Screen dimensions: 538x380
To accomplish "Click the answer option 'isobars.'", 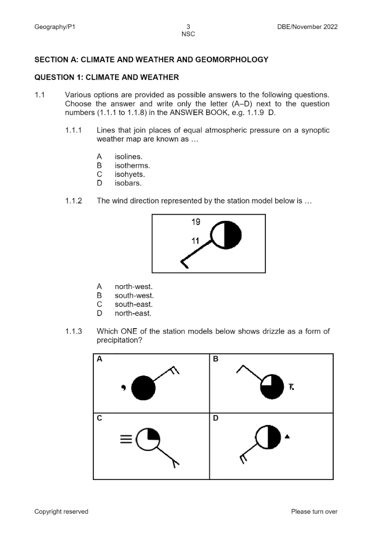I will (x=128, y=183).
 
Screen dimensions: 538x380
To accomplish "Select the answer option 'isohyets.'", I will (x=130, y=174).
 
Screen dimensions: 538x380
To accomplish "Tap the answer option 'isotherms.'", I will (x=132, y=166).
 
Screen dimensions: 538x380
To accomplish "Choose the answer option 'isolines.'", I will (x=129, y=157).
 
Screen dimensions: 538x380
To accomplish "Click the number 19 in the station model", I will (x=196, y=222).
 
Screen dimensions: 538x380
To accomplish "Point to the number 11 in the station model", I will (x=196, y=241).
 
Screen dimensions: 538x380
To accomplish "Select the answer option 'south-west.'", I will (x=134, y=296).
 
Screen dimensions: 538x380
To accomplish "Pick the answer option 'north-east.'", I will (x=133, y=313).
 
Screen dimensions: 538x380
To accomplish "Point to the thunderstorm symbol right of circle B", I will (x=291, y=386).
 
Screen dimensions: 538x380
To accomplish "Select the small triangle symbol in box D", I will (x=287, y=436).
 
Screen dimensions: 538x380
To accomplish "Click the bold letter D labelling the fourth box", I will (x=216, y=418).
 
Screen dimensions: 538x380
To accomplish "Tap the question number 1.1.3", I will (x=73, y=332).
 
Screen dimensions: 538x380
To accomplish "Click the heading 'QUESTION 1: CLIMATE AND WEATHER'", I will (x=106, y=77).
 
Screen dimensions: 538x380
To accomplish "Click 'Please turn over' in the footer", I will (x=314, y=511).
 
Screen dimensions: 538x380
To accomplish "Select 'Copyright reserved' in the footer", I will (x=61, y=511).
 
